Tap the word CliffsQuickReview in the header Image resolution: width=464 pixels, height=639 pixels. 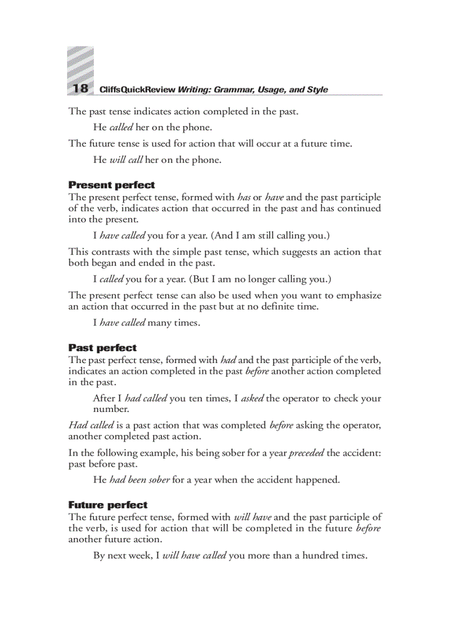coord(137,90)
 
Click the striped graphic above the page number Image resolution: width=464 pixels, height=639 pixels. coord(80,64)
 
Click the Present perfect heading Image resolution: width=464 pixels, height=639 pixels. coord(111,185)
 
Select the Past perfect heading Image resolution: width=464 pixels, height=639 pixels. coord(102,348)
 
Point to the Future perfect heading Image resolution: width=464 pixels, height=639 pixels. coord(107,505)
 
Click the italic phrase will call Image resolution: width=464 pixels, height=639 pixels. coord(126,160)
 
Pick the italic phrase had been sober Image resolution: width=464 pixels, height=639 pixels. coord(139,480)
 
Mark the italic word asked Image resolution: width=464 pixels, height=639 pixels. coord(252,398)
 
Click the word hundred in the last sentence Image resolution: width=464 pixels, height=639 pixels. coord(320,555)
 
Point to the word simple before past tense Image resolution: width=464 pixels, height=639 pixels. coord(207,252)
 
